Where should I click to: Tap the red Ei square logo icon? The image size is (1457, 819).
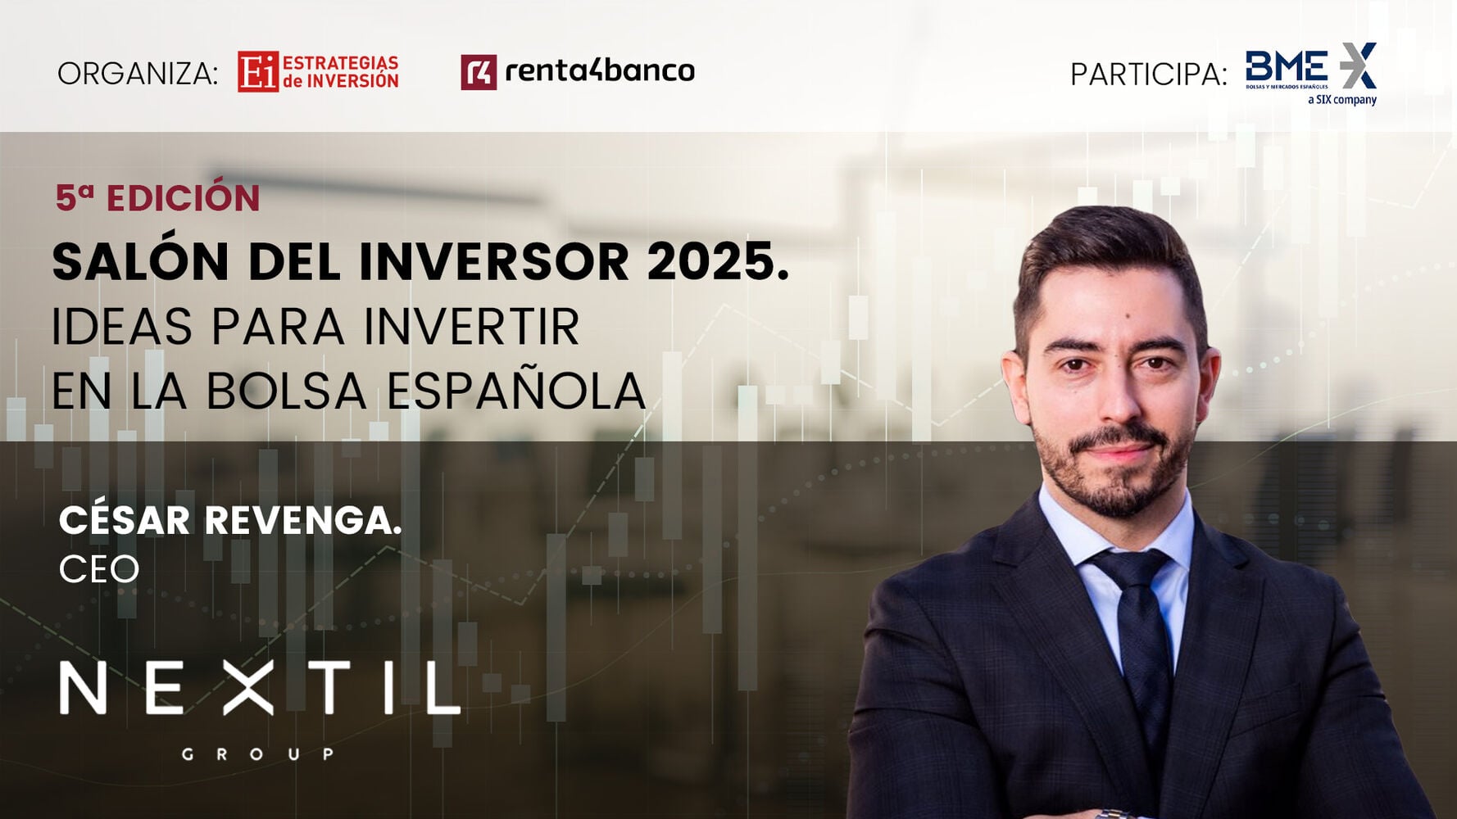click(x=258, y=72)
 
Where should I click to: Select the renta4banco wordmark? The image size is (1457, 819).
click(x=599, y=71)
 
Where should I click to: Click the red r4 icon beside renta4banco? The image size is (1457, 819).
click(x=479, y=72)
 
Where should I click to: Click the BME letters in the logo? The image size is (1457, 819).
click(x=1287, y=66)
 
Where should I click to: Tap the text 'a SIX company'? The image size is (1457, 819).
click(x=1342, y=100)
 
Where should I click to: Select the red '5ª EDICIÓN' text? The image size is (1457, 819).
click(x=157, y=198)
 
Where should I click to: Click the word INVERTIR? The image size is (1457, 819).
click(x=472, y=327)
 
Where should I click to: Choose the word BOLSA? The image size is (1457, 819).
click(x=286, y=391)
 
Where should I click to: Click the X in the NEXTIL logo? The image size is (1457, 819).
click(x=249, y=688)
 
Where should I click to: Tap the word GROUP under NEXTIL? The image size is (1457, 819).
click(x=257, y=753)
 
